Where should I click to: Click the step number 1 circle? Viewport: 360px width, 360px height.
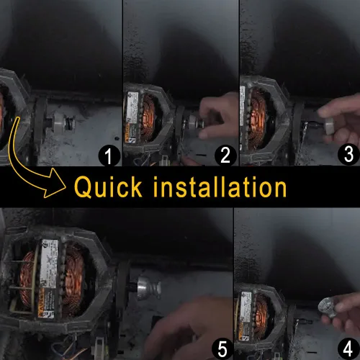click(x=109, y=156)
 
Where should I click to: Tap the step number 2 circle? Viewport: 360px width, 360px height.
click(x=225, y=156)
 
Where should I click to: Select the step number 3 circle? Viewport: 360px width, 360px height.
click(x=348, y=155)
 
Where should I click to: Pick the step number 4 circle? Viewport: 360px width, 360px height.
click(x=348, y=348)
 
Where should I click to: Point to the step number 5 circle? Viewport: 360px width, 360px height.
click(x=222, y=349)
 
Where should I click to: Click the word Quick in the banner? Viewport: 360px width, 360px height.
click(x=108, y=187)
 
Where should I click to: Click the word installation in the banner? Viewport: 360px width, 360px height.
click(x=220, y=186)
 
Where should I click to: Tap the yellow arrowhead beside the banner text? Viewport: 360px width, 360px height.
click(x=55, y=183)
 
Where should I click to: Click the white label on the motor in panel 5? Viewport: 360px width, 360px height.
click(x=49, y=264)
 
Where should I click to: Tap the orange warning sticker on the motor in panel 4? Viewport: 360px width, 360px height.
click(x=243, y=330)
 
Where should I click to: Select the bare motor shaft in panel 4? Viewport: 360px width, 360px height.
click(x=306, y=321)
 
